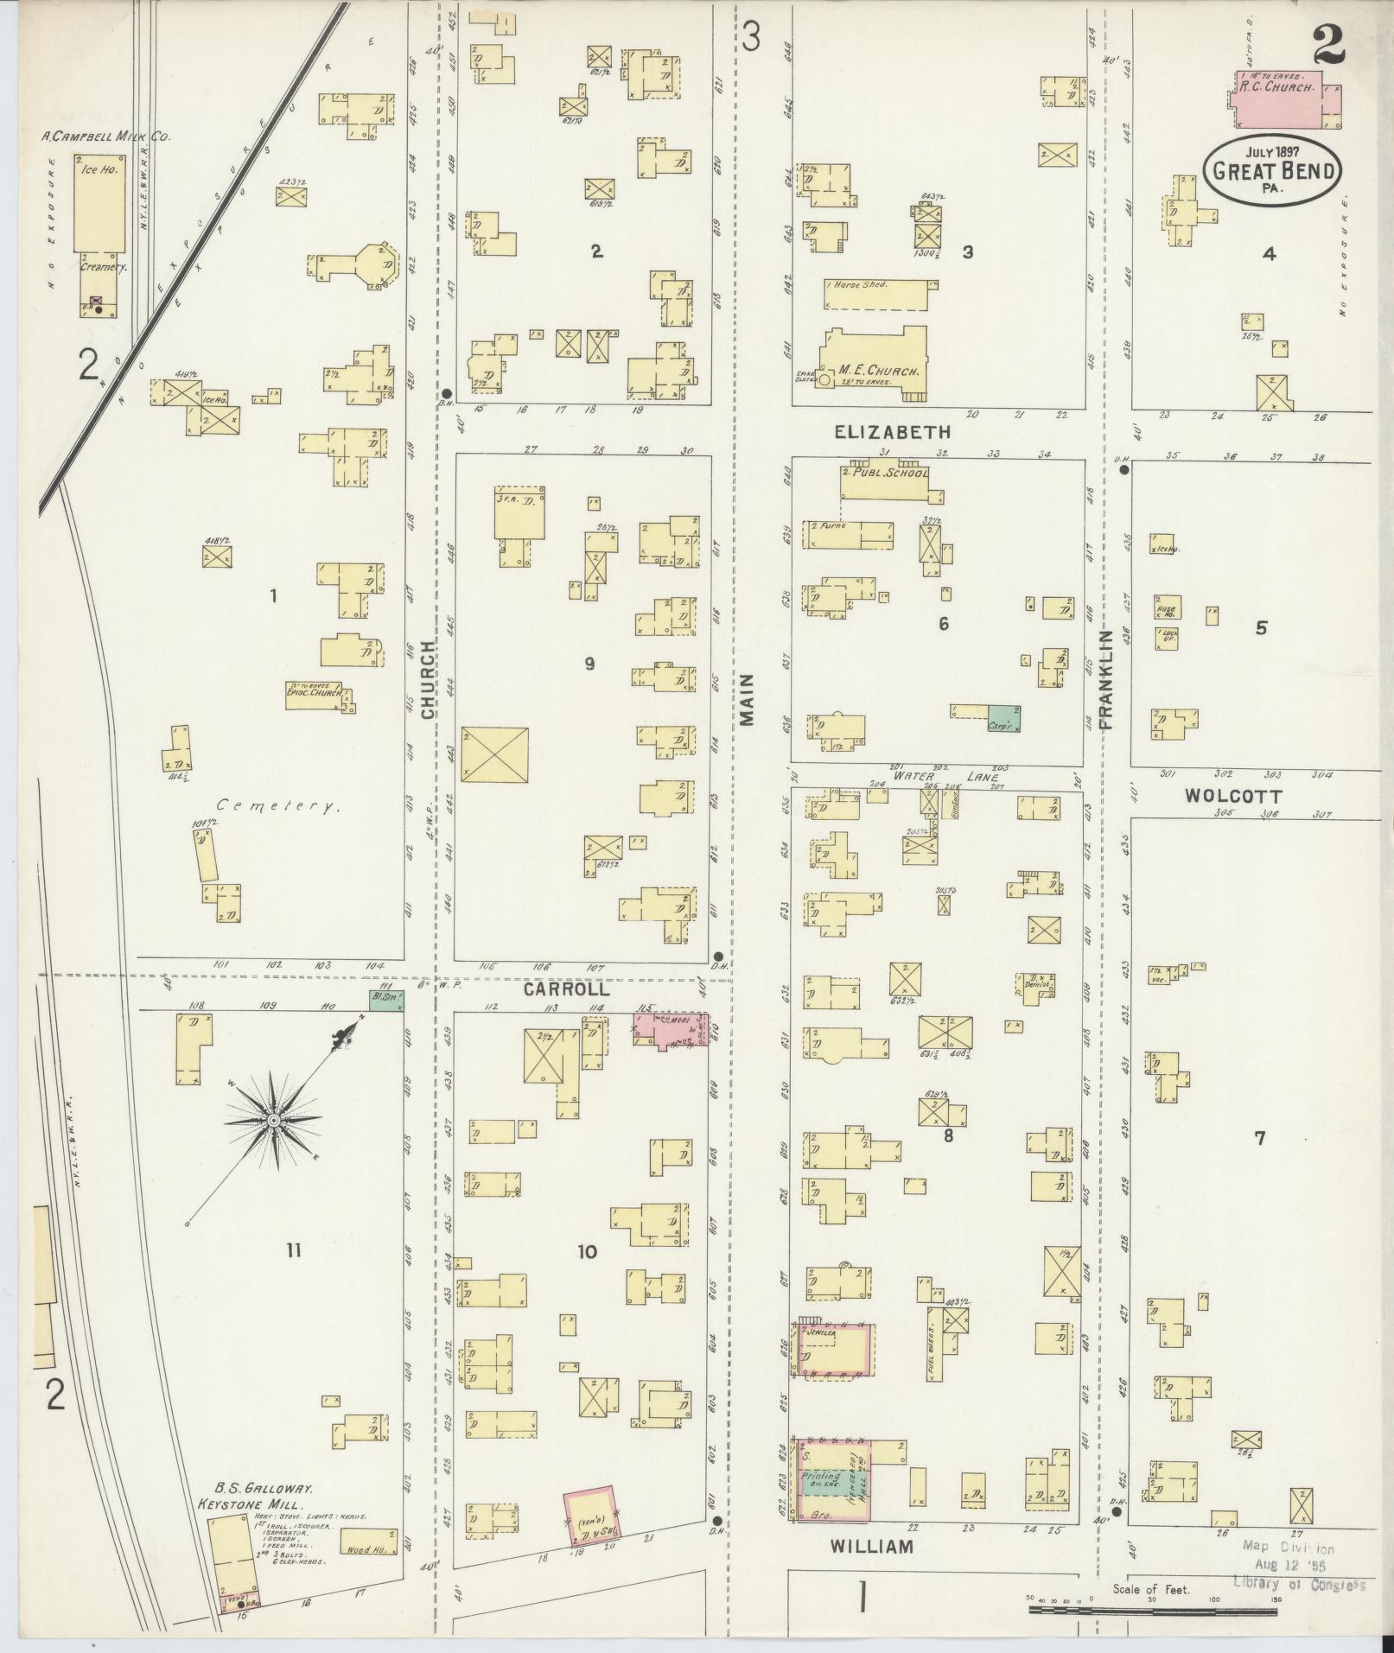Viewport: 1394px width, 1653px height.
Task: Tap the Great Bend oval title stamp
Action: (1273, 170)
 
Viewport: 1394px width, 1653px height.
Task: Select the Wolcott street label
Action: (1232, 796)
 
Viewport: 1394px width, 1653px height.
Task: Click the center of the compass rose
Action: (273, 1121)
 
